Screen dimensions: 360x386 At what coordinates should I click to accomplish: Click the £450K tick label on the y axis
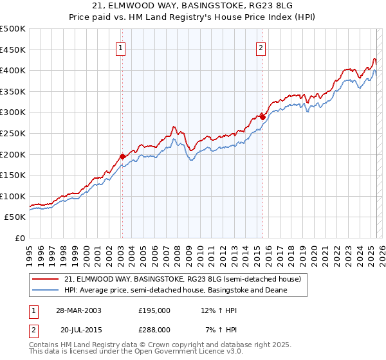13,50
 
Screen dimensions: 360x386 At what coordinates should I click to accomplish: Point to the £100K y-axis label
13,196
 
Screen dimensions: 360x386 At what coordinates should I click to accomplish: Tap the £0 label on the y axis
19,238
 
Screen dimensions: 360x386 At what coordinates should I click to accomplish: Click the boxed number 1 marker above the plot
122,46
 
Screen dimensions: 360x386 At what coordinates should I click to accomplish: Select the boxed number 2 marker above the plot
261,46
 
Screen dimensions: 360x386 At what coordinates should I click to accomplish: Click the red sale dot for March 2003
122,156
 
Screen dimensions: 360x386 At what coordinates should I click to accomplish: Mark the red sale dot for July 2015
262,117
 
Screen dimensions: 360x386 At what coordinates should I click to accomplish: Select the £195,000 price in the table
154,310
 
